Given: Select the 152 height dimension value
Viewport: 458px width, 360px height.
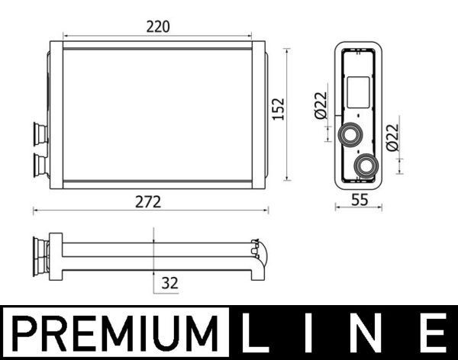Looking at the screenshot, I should [276, 111].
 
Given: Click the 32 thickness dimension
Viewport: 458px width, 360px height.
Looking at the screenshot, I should [170, 283].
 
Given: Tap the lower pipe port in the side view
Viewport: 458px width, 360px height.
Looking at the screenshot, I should [367, 164].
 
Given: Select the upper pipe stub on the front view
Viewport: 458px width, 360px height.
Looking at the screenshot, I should [39, 135].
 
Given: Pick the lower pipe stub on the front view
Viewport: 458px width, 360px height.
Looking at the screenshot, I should [39, 162].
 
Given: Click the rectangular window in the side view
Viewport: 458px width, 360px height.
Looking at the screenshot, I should [357, 92].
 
